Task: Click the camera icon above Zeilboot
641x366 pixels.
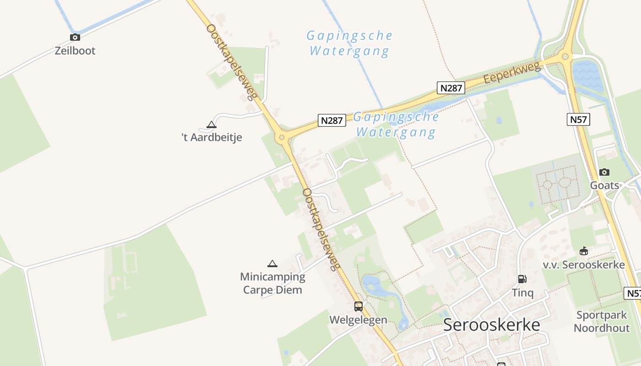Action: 75,38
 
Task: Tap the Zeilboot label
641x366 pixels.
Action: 75,50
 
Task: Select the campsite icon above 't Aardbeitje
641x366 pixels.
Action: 211,124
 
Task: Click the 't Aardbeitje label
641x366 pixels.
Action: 212,137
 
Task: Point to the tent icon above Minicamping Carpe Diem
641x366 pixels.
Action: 272,264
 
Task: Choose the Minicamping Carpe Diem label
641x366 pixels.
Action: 272,283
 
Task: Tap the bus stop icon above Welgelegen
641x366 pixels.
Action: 358,307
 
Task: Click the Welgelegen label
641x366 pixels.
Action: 358,320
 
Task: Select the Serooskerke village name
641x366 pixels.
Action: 491,325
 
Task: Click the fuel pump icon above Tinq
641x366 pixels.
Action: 522,279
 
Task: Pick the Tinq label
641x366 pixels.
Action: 522,293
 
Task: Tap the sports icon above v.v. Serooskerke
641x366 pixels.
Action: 583,251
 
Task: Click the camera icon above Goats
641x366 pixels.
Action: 604,172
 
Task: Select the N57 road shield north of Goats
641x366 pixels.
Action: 578,120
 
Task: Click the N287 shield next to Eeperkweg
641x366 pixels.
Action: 451,88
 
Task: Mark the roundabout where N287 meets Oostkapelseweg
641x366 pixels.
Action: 282,137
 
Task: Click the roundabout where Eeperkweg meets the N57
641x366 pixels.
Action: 565,57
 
